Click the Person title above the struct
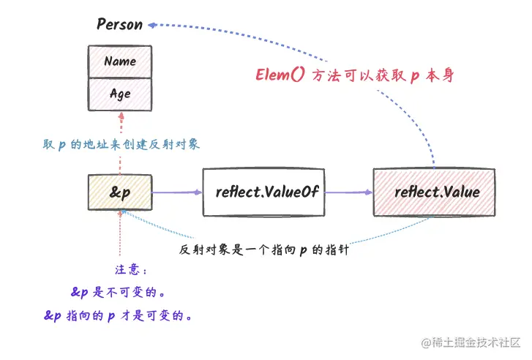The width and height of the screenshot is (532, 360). tap(119, 24)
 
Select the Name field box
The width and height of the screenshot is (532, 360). tap(120, 61)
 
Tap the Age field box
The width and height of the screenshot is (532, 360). tap(120, 94)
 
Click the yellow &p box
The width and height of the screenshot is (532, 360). tap(119, 193)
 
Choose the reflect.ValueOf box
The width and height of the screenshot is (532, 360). tap(263, 193)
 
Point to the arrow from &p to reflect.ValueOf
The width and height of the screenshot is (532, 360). tap(176, 193)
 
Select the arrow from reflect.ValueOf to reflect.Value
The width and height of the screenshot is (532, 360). tap(349, 193)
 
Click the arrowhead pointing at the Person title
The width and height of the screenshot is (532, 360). tap(152, 24)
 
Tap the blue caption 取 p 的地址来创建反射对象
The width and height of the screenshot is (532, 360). tap(121, 145)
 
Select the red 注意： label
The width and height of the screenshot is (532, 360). tap(131, 269)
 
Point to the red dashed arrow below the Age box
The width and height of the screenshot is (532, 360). tap(119, 132)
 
